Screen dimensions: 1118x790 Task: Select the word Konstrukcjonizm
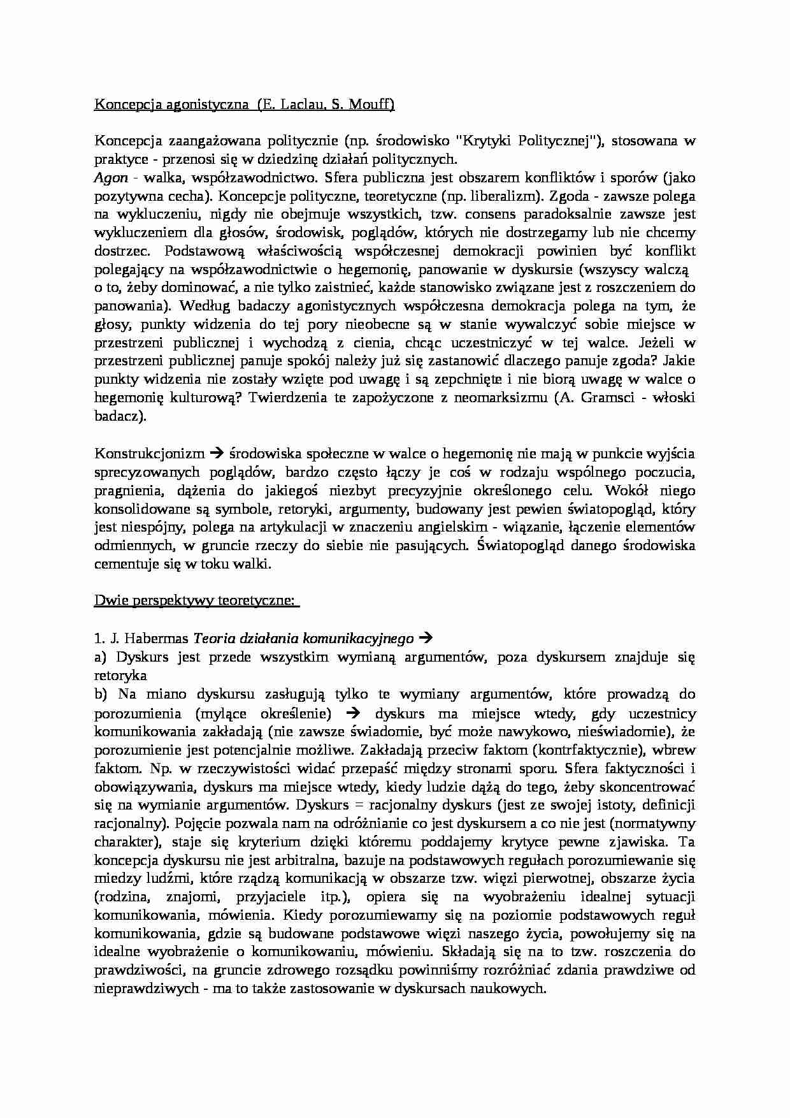point(150,454)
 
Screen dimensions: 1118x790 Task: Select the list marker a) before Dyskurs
point(102,657)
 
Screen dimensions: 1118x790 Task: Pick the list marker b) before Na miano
point(102,693)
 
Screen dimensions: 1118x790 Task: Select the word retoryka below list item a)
point(120,675)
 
